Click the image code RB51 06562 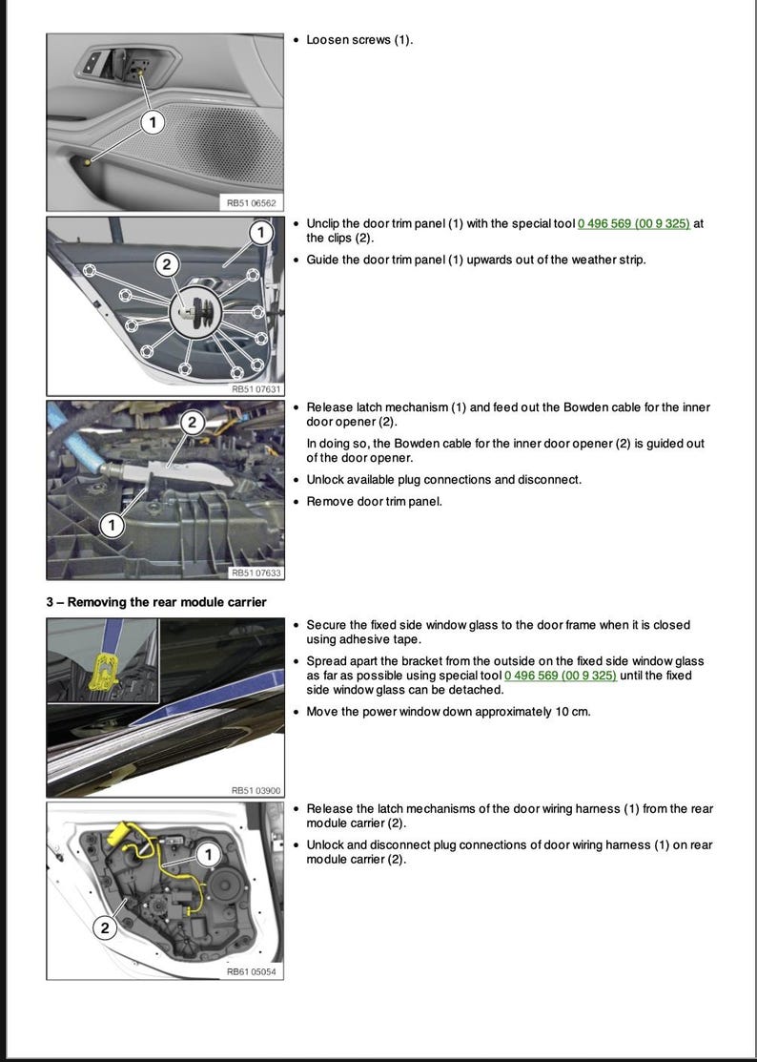point(252,202)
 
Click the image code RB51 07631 point(257,388)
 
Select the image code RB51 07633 point(257,573)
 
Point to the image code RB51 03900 point(257,790)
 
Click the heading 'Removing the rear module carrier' point(156,601)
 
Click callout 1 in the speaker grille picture point(153,122)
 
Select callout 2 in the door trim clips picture point(167,264)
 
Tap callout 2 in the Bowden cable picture point(192,422)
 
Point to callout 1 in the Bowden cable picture point(113,525)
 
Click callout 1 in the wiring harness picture point(209,852)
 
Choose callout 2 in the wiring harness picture point(105,927)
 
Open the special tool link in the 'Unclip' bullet point(634,223)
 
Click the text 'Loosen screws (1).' point(359,40)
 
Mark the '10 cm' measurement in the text point(571,712)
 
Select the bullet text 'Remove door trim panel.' point(374,501)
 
